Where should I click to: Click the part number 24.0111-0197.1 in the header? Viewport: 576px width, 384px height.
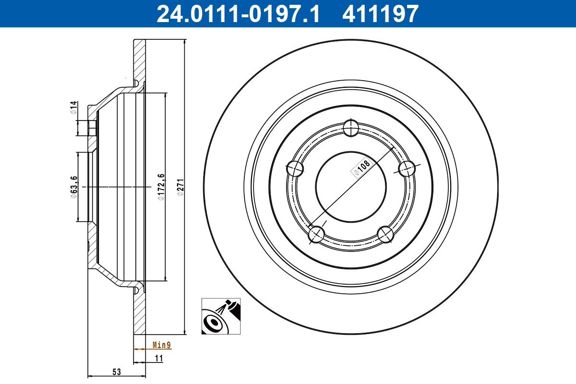click(x=238, y=13)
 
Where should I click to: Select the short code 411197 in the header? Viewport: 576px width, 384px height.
click(x=380, y=13)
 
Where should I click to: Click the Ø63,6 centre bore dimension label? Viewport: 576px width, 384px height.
click(x=74, y=186)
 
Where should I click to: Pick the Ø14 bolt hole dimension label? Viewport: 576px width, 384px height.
click(x=73, y=107)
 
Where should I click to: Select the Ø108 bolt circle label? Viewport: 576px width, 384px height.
click(x=362, y=168)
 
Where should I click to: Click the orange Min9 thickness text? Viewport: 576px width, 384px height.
click(x=161, y=345)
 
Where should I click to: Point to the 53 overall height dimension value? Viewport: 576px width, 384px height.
click(x=117, y=372)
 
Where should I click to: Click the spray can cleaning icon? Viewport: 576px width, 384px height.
click(x=221, y=316)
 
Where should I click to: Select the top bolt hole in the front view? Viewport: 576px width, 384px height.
click(x=351, y=128)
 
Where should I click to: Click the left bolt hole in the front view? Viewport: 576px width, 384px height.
click(x=295, y=168)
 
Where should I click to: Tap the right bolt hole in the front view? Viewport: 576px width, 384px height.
click(x=407, y=168)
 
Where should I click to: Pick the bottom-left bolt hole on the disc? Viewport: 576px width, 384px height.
click(x=316, y=234)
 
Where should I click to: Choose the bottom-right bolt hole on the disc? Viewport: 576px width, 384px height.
click(x=385, y=234)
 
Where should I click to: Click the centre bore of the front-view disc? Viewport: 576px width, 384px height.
click(x=351, y=187)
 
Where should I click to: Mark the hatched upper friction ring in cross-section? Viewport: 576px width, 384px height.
click(x=139, y=60)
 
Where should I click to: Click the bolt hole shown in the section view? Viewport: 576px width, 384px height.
click(x=92, y=128)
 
